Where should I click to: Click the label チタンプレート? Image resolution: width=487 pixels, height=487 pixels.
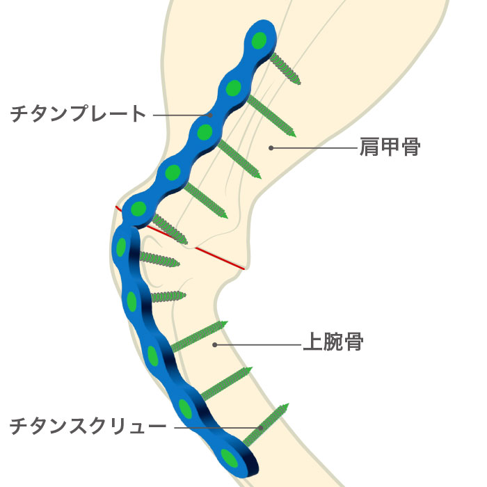click(x=79, y=113)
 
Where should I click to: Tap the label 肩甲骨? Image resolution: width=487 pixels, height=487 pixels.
click(x=390, y=147)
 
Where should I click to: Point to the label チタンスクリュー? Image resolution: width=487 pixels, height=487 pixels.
click(x=88, y=426)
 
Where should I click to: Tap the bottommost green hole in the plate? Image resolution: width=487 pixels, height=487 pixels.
click(x=229, y=458)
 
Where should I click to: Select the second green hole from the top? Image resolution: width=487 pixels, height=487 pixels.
click(x=233, y=88)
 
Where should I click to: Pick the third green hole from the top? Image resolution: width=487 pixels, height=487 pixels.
click(x=205, y=131)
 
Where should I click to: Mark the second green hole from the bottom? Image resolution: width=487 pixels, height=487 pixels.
click(x=186, y=408)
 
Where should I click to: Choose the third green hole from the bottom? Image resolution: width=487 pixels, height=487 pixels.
click(x=154, y=356)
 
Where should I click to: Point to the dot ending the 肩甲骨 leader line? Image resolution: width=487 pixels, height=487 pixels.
click(x=271, y=147)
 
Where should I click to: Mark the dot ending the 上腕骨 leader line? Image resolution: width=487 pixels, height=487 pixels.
click(x=215, y=344)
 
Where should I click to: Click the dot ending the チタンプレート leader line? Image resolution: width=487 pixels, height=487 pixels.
click(x=209, y=114)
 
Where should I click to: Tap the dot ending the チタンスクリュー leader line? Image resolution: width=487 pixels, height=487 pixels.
click(x=261, y=426)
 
